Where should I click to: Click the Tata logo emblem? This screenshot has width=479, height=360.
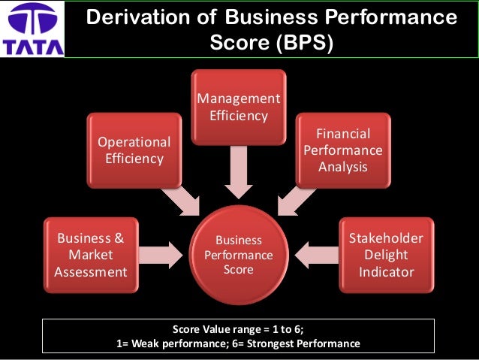[x=33, y=20]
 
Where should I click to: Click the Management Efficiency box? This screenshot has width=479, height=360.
[x=238, y=107]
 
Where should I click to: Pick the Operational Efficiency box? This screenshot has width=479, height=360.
[x=134, y=150]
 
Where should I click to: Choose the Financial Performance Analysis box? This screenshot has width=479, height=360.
[x=342, y=150]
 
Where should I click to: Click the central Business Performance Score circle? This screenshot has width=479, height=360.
[x=239, y=255]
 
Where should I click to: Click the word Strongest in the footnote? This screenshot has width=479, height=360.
[x=278, y=344]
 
